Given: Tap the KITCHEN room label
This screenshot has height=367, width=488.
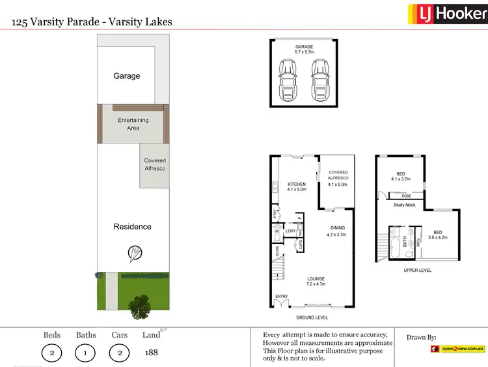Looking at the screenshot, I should pos(297,187).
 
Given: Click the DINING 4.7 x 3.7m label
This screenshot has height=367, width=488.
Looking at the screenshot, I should pos(337,231).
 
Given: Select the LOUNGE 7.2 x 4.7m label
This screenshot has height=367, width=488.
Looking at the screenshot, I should pos(316,282).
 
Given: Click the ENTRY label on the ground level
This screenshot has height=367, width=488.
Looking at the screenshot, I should pos(281,296).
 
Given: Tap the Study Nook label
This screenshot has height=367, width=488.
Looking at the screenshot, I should pos(405,205).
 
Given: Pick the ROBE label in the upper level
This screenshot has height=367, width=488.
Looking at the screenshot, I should pos(406,195).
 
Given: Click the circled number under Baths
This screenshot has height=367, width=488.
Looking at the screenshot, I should pos(86,353).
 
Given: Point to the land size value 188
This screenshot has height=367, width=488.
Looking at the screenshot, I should pos(151,353).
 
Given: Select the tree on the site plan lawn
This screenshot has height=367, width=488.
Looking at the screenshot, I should pos(139,304).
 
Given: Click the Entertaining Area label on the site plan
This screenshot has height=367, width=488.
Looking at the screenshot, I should pos(133,124).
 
